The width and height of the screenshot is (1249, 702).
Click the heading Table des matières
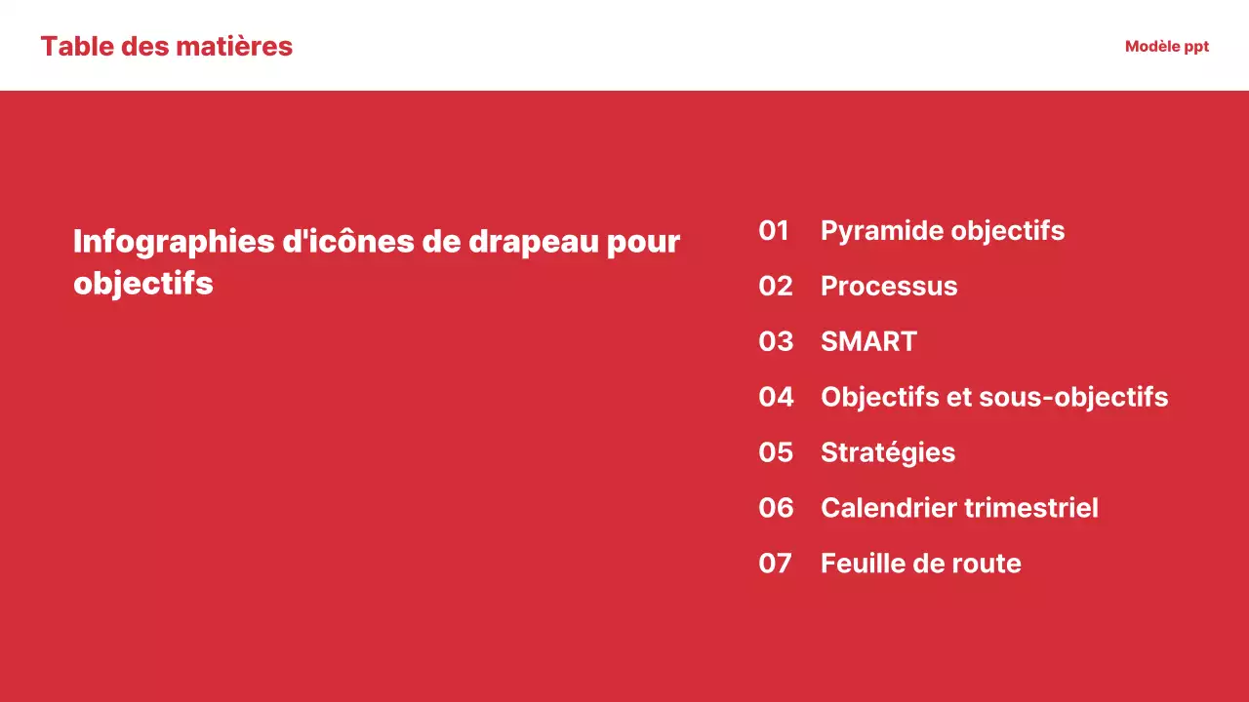[166, 46]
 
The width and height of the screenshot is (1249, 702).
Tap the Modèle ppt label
[1166, 46]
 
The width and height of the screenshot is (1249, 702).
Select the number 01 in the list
[774, 231]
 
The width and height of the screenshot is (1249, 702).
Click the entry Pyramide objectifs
[942, 231]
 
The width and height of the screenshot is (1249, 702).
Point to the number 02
[775, 287]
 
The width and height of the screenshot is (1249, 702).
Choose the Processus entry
[888, 287]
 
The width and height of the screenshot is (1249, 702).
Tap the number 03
[775, 342]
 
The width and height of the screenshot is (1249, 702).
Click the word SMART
[868, 342]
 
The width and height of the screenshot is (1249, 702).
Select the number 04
[776, 398]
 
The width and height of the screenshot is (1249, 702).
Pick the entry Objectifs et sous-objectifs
[993, 398]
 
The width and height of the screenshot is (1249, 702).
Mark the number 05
[776, 453]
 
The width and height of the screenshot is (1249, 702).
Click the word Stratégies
[887, 453]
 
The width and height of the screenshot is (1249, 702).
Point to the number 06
[776, 509]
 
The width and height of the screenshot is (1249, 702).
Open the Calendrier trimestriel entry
[958, 509]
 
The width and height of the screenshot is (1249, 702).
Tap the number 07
[775, 565]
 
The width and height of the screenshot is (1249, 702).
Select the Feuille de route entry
[920, 565]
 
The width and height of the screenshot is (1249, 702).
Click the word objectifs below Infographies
[142, 284]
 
